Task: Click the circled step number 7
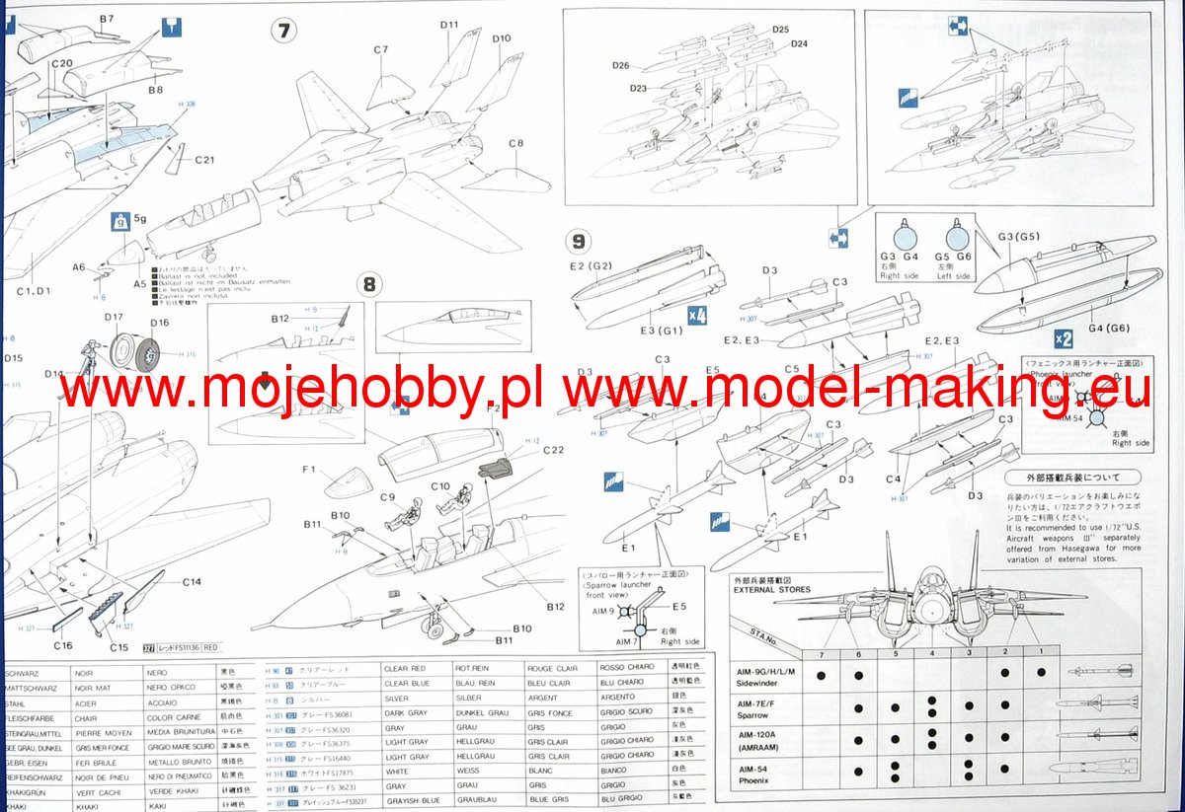283,31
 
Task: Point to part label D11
449,25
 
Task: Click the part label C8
516,143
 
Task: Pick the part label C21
205,160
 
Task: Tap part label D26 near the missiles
620,65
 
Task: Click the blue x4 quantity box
698,316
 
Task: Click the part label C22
553,451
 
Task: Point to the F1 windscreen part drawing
344,485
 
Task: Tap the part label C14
192,582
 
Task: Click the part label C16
63,645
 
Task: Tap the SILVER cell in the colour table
398,699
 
